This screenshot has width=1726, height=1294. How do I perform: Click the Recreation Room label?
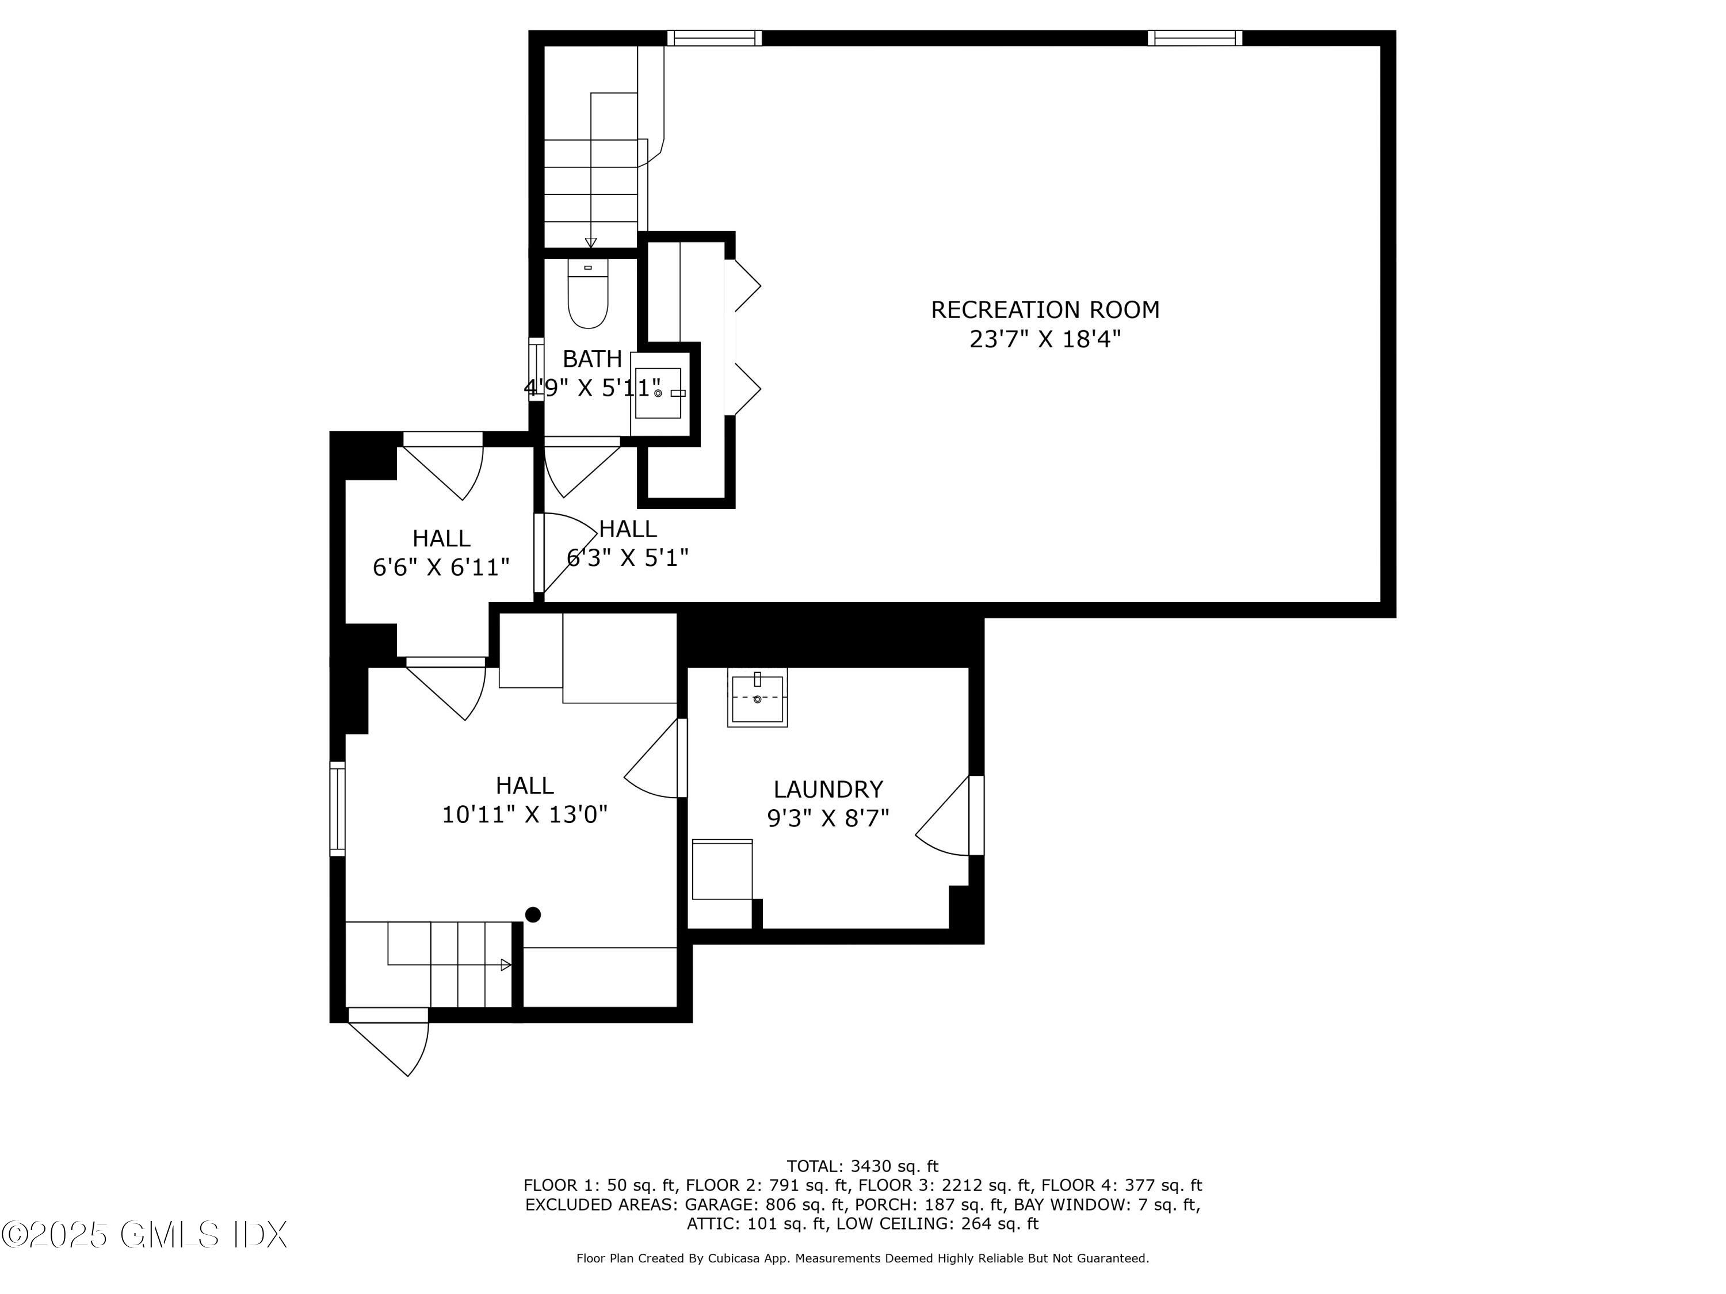pos(1044,311)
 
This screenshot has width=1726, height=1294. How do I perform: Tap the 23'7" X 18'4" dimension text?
pos(1044,339)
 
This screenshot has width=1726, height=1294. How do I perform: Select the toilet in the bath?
pos(587,295)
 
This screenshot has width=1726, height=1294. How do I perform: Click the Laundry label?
pos(828,790)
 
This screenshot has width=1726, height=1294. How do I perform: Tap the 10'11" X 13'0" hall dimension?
pos(524,815)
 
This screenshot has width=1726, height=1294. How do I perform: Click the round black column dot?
pos(533,915)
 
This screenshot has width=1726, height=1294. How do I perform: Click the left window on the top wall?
pos(714,38)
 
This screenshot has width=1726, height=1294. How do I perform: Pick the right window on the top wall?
pos(1194,38)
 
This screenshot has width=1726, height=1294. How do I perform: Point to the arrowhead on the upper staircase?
pos(591,243)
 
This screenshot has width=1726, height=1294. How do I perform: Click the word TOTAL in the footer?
pos(815,1167)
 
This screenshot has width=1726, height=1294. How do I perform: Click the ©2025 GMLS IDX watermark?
pos(144,1235)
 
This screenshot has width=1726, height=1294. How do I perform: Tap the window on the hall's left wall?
pos(337,809)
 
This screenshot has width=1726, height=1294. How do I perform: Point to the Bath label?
pos(592,359)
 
